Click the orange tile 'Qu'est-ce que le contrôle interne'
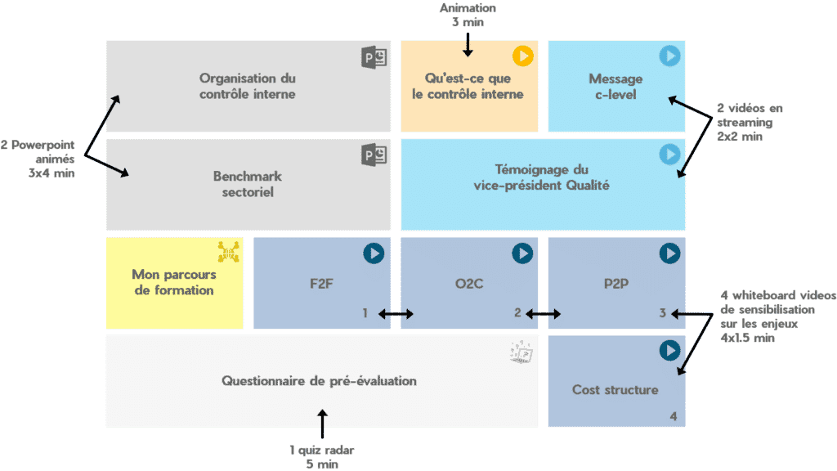point(468,86)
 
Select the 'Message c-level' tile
point(615,86)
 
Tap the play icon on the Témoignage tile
point(669,153)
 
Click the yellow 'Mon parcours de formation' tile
point(172,283)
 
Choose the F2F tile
point(321,283)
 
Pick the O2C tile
point(468,283)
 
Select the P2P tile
point(615,283)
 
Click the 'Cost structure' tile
point(615,389)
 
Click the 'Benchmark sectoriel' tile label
point(247,185)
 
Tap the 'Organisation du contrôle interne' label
point(247,86)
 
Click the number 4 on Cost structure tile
point(673,416)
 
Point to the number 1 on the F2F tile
point(365,313)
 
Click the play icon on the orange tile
point(522,56)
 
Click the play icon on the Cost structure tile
point(669,350)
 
